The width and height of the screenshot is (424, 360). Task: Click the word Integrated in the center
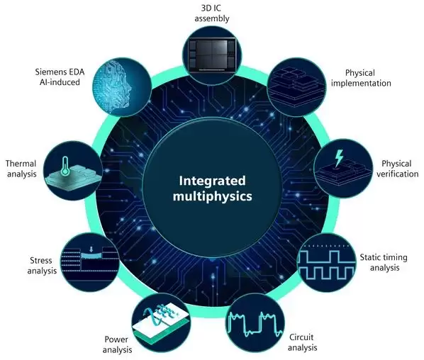[212, 181]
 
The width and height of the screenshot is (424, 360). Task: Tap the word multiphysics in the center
[212, 196]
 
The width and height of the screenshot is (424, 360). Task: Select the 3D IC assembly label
[212, 13]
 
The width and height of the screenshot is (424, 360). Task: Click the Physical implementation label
[361, 78]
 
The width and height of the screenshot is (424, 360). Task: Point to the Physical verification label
[397, 169]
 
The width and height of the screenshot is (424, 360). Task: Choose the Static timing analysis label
[384, 262]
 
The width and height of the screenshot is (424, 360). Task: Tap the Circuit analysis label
[302, 342]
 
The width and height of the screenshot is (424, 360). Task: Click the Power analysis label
[117, 344]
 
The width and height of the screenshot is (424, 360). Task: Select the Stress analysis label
[42, 266]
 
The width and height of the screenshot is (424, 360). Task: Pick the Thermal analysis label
[21, 169]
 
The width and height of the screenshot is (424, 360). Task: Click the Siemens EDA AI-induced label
[60, 77]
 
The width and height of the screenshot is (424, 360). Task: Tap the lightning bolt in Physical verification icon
[338, 158]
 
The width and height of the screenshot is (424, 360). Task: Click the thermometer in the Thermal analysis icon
[65, 165]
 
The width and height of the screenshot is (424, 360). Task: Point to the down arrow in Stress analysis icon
[91, 249]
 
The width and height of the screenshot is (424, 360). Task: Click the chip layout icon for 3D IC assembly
[212, 55]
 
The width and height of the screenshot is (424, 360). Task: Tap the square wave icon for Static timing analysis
[326, 265]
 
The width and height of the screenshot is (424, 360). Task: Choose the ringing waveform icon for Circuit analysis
[255, 325]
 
